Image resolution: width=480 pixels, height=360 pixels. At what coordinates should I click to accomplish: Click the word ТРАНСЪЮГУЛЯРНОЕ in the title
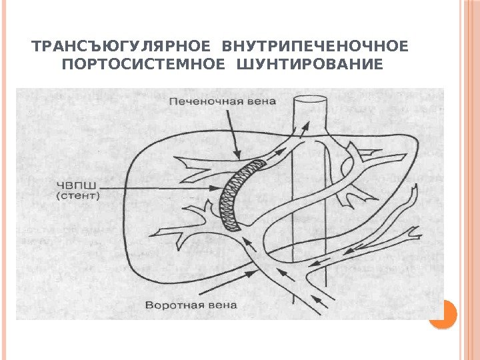[x=123, y=47]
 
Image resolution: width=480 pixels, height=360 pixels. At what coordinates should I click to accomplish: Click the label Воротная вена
[x=191, y=305]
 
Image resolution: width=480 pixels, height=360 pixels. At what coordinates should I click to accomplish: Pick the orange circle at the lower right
[x=442, y=313]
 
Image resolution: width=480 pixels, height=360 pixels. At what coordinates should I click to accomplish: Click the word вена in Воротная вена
[x=219, y=305]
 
